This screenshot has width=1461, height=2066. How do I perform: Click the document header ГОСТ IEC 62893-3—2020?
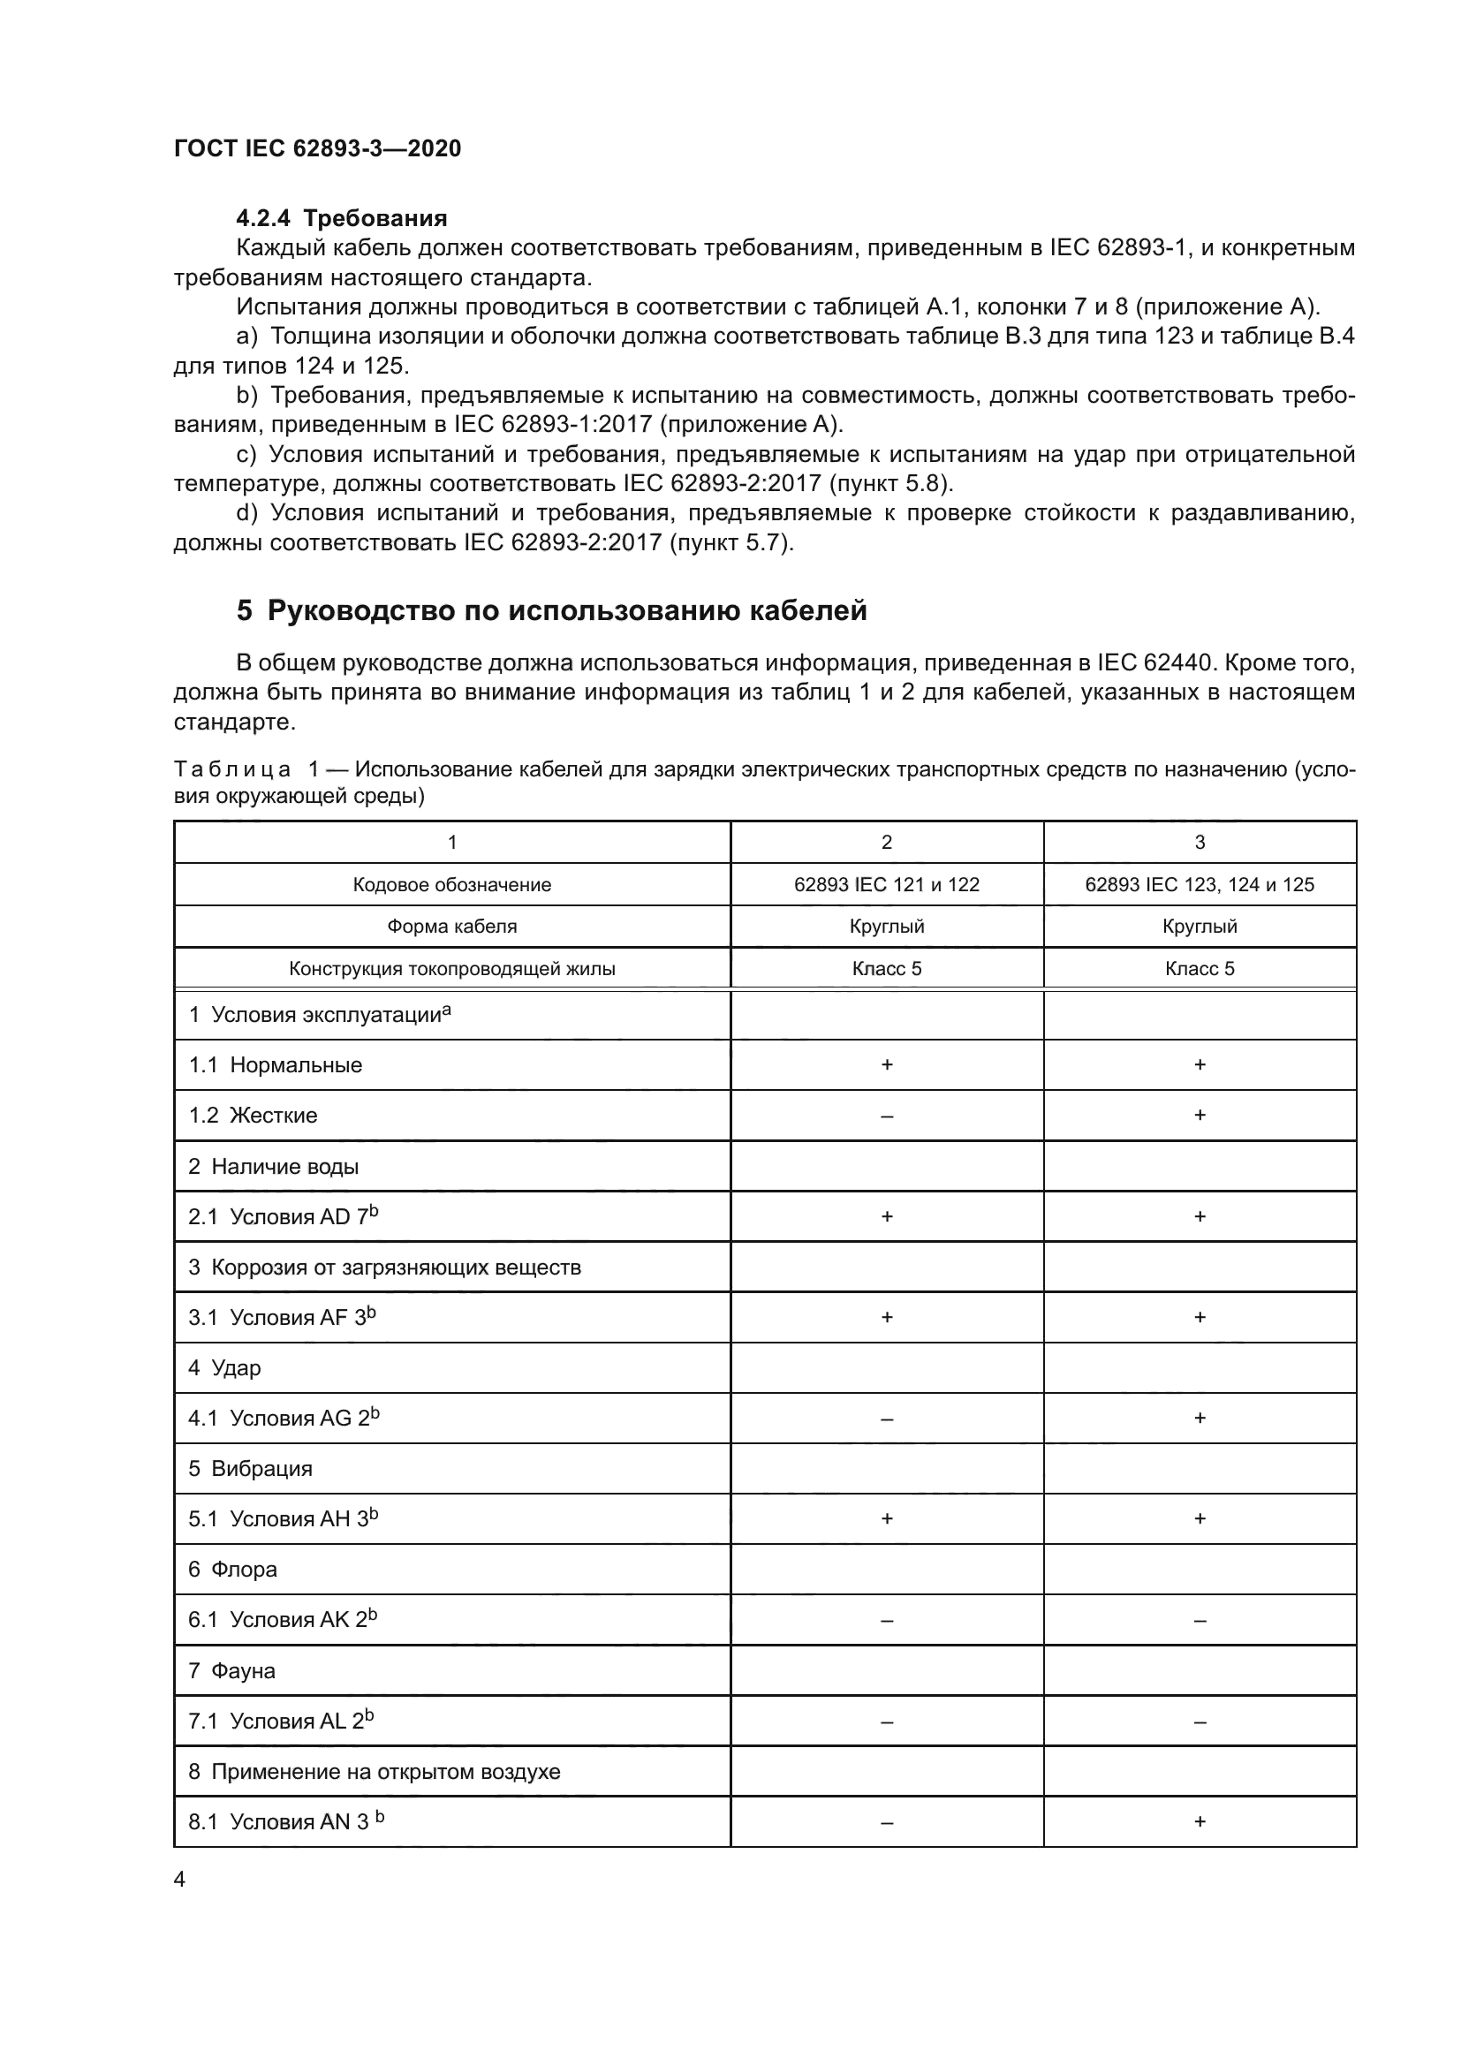click(317, 148)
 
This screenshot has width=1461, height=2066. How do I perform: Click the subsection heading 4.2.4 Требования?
click(341, 219)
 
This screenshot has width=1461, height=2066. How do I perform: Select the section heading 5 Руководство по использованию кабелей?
click(551, 611)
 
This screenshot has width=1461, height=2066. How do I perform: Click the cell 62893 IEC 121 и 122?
click(886, 884)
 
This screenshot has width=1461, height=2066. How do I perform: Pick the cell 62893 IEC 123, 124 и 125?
click(1200, 884)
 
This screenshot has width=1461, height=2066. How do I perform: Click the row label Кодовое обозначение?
click(451, 884)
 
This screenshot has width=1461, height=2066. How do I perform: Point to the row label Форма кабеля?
click(451, 927)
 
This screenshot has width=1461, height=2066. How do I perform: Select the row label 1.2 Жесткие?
click(253, 1116)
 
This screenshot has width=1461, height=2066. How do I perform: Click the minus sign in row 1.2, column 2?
click(887, 1116)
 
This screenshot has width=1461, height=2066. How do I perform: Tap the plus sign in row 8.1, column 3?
click(1200, 1822)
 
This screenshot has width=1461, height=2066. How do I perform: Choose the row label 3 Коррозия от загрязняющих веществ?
click(384, 1268)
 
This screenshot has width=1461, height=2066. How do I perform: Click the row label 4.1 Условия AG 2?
click(284, 1419)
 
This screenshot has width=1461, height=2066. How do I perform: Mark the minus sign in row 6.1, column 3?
click(1200, 1621)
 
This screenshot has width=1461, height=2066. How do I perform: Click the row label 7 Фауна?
click(232, 1671)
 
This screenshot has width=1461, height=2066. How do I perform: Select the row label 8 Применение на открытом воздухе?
click(374, 1772)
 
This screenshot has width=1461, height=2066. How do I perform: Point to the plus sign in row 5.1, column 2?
click(887, 1519)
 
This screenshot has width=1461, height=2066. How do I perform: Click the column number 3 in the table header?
click(1200, 843)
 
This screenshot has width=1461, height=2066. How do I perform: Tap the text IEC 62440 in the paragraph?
click(1146, 663)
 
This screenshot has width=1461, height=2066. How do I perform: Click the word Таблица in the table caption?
click(232, 769)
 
